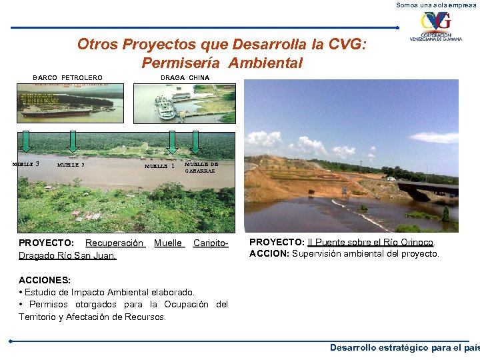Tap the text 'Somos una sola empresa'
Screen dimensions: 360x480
click(437, 5)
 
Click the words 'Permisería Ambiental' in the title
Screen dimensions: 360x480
click(222, 63)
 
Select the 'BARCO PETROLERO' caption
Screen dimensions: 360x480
click(67, 78)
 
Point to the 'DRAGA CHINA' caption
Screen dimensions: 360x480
click(185, 78)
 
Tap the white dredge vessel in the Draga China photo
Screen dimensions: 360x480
click(165, 107)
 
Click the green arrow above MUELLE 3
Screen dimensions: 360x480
click(26, 141)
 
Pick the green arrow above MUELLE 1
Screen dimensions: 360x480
click(172, 141)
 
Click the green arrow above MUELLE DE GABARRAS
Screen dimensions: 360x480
click(196, 141)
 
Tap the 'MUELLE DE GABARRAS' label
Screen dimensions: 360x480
click(201, 166)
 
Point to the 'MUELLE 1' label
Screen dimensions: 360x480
click(160, 167)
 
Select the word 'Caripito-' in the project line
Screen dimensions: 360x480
click(211, 243)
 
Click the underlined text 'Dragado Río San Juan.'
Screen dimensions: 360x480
click(67, 255)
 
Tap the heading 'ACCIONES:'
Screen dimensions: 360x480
click(45, 281)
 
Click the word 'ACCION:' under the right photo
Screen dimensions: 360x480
click(269, 253)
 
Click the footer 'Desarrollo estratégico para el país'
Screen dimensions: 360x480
click(404, 347)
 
